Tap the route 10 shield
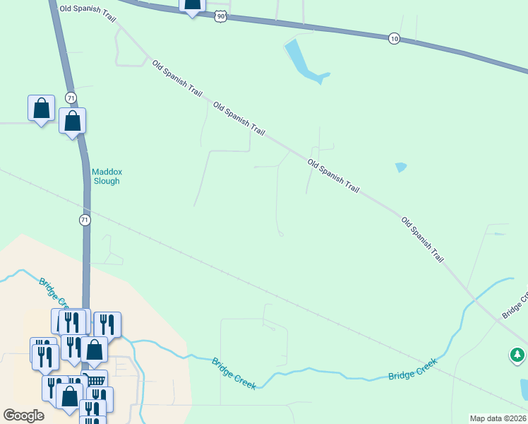[394, 38]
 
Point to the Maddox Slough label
[106, 176]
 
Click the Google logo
[23, 416]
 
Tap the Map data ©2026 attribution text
[497, 418]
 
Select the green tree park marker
[517, 355]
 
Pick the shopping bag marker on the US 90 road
[193, 6]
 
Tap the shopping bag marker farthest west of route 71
[41, 108]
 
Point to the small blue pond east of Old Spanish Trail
[401, 167]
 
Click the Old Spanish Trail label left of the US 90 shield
[87, 8]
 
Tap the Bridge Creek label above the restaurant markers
[53, 293]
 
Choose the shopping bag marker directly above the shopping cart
[94, 349]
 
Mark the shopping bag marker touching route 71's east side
[73, 121]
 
